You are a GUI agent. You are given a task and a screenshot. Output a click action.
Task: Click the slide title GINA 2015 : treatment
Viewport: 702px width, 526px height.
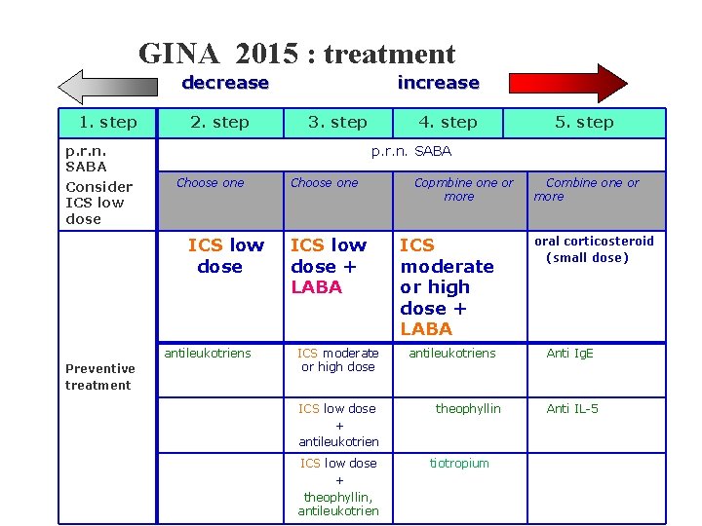[296, 54]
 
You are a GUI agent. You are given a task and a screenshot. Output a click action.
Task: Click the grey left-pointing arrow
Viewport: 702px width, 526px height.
[113, 86]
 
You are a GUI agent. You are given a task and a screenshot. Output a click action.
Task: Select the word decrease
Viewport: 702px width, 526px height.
[225, 83]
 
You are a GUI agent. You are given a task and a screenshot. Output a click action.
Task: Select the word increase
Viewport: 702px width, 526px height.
[438, 83]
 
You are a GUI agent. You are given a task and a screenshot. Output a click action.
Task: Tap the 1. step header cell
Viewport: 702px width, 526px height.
[107, 123]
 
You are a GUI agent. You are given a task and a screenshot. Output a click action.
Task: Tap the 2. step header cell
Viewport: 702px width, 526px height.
[219, 123]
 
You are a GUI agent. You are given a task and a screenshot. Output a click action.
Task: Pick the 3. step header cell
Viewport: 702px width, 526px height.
[337, 123]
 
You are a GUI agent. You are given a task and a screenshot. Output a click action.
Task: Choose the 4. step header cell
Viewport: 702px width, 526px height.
[448, 123]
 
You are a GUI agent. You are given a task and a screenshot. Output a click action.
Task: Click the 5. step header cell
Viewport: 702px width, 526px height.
[584, 123]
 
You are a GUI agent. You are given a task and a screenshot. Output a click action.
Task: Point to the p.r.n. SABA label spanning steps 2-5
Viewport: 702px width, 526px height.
[411, 152]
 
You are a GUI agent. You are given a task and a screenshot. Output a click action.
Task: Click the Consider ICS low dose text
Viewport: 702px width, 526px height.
[97, 203]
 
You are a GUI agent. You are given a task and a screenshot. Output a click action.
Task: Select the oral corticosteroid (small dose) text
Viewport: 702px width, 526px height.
[593, 249]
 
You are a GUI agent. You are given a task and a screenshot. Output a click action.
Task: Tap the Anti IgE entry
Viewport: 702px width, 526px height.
[569, 354]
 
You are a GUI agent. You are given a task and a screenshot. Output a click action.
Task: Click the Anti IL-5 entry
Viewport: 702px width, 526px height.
[572, 409]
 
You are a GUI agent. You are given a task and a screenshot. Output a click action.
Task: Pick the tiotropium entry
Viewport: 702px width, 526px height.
[459, 464]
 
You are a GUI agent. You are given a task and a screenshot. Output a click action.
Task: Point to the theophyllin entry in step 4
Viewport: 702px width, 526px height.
[467, 409]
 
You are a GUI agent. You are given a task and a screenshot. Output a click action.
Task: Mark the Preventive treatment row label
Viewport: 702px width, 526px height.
[99, 377]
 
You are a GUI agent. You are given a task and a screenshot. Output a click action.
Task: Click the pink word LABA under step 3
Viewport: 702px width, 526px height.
[317, 287]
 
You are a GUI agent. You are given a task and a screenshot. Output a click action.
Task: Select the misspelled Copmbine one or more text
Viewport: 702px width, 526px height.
[463, 189]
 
